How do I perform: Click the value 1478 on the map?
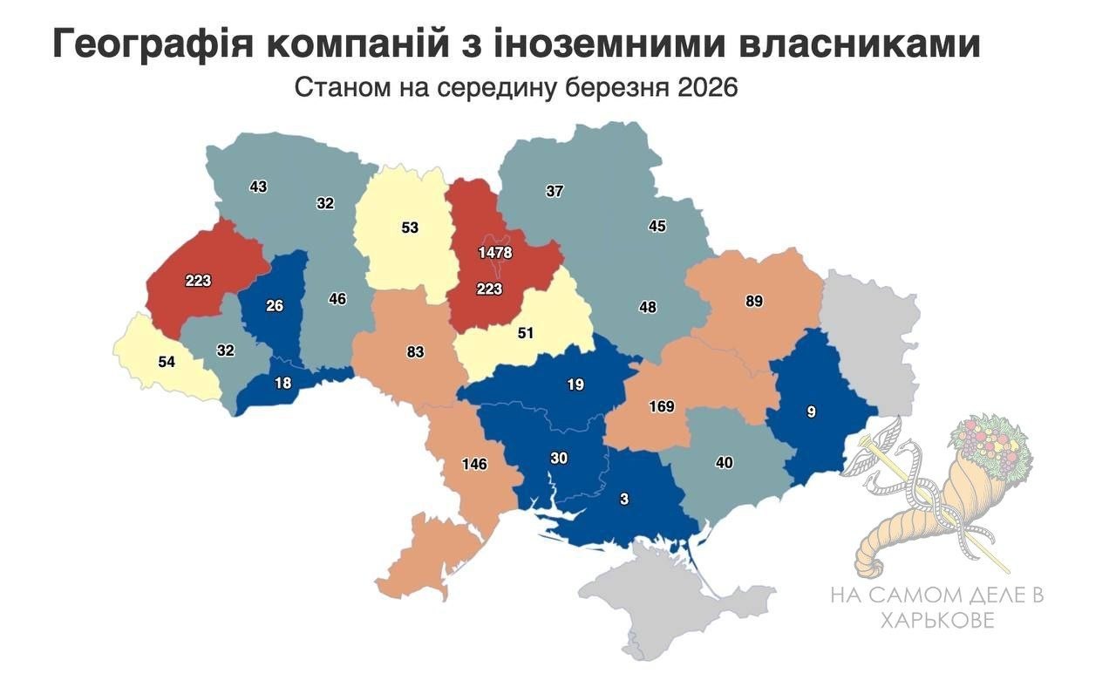[495, 253]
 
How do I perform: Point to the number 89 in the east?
[754, 302]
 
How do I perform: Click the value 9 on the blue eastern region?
[812, 412]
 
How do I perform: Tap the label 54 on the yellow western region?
[167, 361]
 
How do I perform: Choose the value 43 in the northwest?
[258, 187]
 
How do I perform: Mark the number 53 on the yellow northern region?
[410, 228]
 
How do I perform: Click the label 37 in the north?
[555, 192]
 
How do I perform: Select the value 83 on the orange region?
[415, 352]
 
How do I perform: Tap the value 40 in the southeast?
[724, 463]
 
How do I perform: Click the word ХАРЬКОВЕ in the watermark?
[936, 620]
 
